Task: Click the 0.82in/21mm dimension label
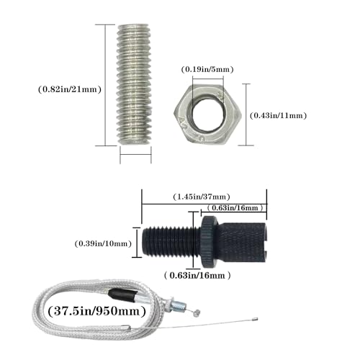tap(70, 89)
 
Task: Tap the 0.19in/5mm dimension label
tap(207, 70)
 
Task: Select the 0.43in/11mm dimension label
tap(279, 116)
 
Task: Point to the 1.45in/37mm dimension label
tap(202, 197)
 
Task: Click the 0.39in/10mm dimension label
tap(103, 244)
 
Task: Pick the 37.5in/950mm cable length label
tap(97, 311)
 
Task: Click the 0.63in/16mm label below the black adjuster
tap(197, 275)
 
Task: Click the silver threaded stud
tap(135, 84)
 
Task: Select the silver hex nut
tap(207, 114)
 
